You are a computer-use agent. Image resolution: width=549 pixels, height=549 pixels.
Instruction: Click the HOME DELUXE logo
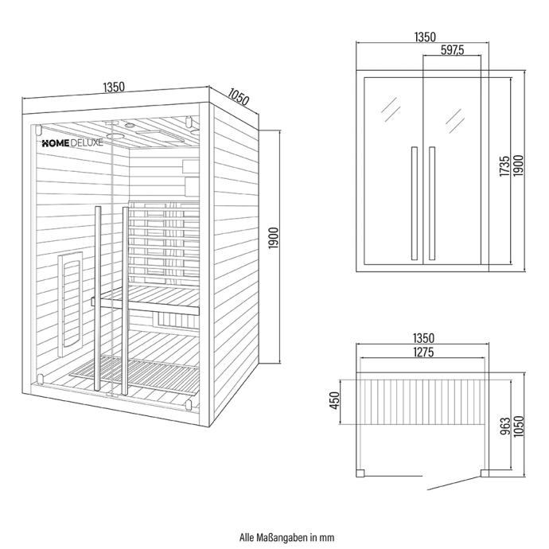point(72,143)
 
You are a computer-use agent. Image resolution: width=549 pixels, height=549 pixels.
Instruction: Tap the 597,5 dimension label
point(452,50)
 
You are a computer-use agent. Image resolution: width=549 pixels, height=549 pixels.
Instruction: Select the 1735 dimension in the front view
point(504,166)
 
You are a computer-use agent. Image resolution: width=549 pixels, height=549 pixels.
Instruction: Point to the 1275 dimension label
point(423,352)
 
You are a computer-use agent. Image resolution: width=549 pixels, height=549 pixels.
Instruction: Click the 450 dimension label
point(335,400)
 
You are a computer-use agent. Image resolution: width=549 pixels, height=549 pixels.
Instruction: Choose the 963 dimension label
point(505,426)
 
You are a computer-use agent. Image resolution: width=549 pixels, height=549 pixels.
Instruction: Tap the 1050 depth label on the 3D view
point(239,96)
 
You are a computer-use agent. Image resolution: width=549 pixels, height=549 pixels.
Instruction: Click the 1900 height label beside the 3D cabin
point(274,238)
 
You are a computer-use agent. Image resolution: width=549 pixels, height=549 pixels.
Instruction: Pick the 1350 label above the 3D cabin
point(114,87)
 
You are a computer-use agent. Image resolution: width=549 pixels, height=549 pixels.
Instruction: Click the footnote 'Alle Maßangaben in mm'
point(286,537)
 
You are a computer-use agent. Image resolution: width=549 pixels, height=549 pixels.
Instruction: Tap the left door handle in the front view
point(415,204)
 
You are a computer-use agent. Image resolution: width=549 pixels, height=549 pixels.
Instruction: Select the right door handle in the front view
point(432,204)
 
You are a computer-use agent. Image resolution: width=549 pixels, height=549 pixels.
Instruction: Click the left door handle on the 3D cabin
point(97,300)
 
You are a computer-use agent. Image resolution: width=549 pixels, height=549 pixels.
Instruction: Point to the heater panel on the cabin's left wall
point(70,304)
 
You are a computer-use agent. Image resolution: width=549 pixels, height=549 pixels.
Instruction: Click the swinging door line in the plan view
point(454,483)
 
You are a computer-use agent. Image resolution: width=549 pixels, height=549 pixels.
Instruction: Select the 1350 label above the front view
point(425,37)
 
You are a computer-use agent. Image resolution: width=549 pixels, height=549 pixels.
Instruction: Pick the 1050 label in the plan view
point(519,426)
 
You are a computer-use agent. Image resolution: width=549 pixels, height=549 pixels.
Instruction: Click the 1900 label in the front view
point(519,166)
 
